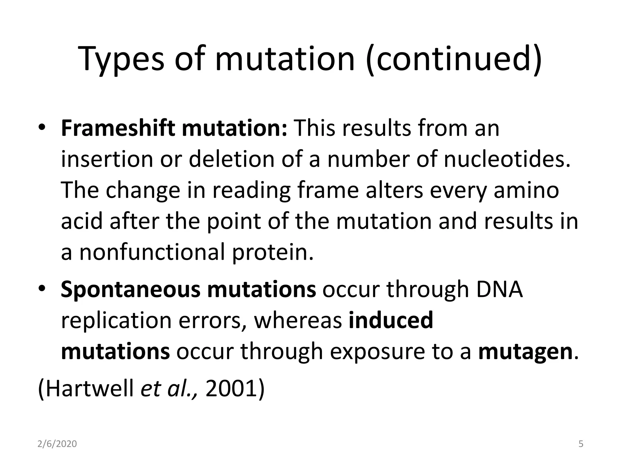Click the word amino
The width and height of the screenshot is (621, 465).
[526, 191]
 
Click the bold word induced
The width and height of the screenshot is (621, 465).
[391, 320]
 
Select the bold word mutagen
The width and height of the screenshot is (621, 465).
[525, 352]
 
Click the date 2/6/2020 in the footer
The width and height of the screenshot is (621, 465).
[57, 444]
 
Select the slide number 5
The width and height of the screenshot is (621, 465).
[581, 444]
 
